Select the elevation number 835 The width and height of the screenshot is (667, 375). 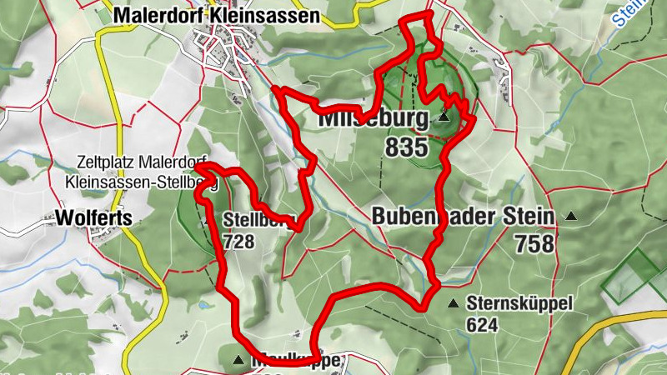[406, 148]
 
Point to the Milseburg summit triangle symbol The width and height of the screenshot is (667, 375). [444, 118]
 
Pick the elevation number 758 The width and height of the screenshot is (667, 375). [534, 243]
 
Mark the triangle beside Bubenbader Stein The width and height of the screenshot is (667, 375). [571, 217]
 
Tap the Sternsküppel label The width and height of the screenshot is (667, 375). [519, 304]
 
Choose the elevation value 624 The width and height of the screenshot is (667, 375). [483, 325]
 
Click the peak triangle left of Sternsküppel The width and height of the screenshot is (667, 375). [453, 304]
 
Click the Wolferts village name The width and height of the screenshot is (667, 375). [94, 218]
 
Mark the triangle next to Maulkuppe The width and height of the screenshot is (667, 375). [238, 361]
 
